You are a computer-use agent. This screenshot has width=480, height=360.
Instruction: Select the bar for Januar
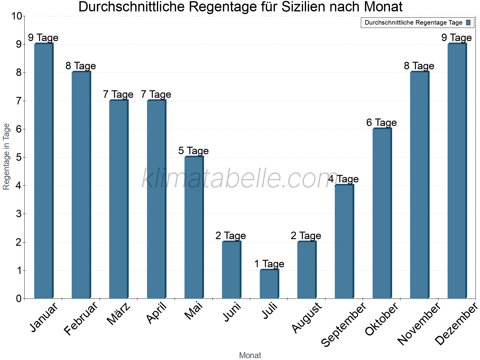pos(44,171)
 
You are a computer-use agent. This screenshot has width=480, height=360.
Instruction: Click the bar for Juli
pos(269,284)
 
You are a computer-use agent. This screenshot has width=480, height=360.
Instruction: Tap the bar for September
pos(344,241)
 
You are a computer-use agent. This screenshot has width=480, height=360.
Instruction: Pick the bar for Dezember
pos(457,171)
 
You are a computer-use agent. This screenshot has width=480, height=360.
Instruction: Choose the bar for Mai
pos(194,227)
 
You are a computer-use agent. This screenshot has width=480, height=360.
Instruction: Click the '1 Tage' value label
pos(269,264)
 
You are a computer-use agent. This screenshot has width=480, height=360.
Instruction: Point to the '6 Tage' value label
pos(381,123)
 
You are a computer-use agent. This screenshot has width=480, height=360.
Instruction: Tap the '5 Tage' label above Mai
pos(193,151)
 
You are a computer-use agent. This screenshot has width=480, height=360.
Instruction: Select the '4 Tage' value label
pos(343,179)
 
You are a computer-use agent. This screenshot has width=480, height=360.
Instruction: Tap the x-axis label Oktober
pos(382,319)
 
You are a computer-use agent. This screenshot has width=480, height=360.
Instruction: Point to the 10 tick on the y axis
pos(17,16)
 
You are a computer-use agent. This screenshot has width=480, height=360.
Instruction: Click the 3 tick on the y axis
pos(19,214)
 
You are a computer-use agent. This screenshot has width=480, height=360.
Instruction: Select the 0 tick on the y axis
pos(19,298)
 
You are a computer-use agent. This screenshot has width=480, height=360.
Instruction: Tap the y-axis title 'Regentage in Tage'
pos(6,157)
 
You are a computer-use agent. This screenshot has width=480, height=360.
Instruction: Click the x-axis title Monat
pos(250,355)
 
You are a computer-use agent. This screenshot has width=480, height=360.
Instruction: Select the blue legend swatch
pos(468,22)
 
